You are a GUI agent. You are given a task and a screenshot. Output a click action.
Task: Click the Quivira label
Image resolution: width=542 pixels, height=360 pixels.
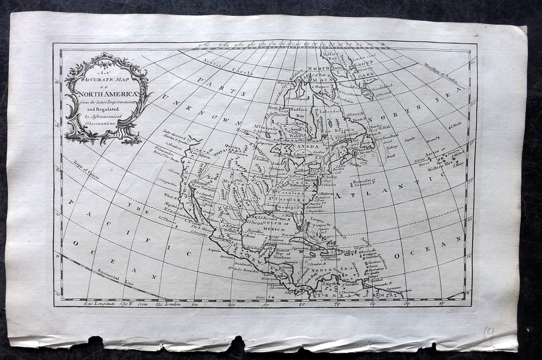pyautogui.click(x=232, y=146)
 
